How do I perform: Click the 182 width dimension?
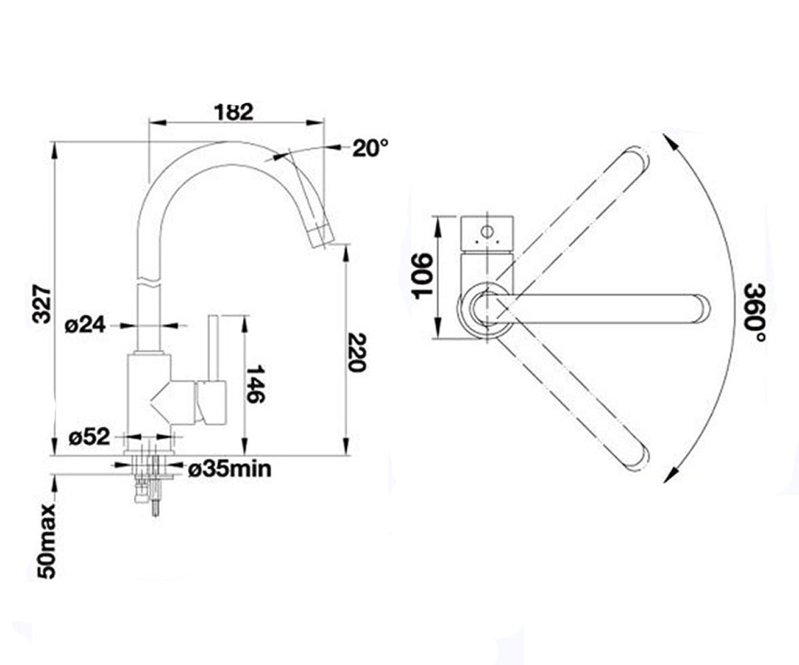coord(234,112)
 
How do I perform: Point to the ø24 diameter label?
coord(85,326)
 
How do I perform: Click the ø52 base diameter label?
coord(89,437)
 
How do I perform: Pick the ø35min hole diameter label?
coord(230,469)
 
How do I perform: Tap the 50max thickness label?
coord(47,541)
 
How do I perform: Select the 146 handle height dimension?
coord(255,384)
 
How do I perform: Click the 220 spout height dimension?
coord(357,352)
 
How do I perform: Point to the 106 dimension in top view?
coord(421,276)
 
